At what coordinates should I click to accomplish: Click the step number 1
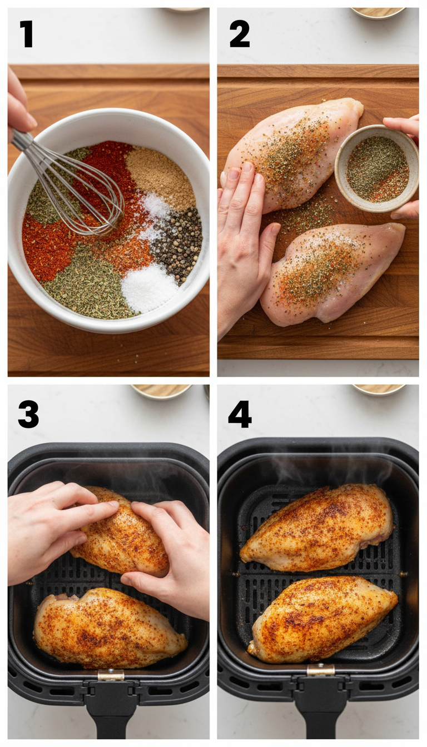pyautogui.click(x=26, y=34)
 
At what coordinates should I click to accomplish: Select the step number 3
pyautogui.click(x=28, y=414)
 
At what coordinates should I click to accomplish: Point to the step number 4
pyautogui.click(x=240, y=414)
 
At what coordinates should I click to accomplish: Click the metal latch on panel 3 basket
pyautogui.click(x=111, y=675)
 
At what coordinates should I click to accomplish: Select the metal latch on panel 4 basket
pyautogui.click(x=321, y=670)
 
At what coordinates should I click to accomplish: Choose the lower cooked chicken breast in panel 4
pyautogui.click(x=322, y=618)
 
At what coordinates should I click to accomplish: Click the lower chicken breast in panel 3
pyautogui.click(x=108, y=628)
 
